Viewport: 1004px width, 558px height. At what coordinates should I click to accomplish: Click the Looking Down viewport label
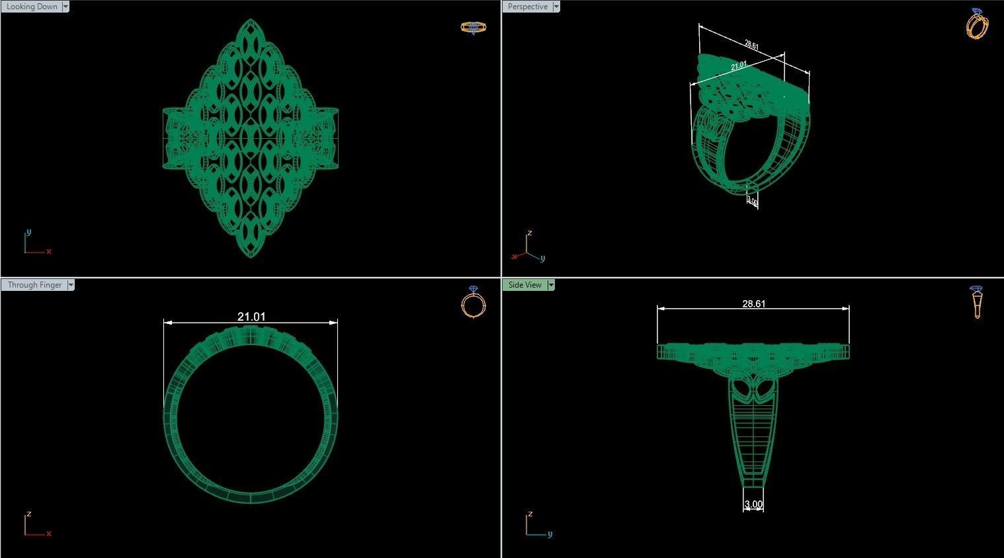point(31,7)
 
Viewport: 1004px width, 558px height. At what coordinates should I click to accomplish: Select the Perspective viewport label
point(527,7)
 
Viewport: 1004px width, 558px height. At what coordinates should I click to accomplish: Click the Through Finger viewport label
point(34,285)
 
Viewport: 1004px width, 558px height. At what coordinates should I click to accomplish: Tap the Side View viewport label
point(524,285)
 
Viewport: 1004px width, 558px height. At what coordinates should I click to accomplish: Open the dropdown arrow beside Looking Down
point(65,7)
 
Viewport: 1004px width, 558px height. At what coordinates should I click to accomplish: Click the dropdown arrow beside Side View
point(551,285)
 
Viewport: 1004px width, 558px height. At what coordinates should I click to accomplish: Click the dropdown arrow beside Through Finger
point(71,285)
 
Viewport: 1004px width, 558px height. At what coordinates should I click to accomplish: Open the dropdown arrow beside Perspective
point(556,7)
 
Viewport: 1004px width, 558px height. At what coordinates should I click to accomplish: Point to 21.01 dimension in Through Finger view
point(251,317)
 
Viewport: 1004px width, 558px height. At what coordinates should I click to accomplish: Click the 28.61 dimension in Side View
point(753,303)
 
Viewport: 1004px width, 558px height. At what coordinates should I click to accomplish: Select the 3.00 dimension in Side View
point(753,504)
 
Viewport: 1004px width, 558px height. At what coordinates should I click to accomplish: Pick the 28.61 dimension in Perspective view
point(751,45)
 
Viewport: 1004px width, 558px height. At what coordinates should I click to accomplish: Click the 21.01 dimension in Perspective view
point(739,65)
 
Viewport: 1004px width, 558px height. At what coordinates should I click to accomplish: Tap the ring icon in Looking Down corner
point(474,27)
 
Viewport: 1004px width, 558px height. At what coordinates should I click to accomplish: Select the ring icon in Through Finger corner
point(473,302)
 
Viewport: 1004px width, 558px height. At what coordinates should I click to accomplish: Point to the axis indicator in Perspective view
point(527,247)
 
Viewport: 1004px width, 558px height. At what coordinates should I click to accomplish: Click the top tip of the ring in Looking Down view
point(251,20)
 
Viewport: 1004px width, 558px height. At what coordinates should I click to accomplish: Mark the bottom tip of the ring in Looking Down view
point(251,257)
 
